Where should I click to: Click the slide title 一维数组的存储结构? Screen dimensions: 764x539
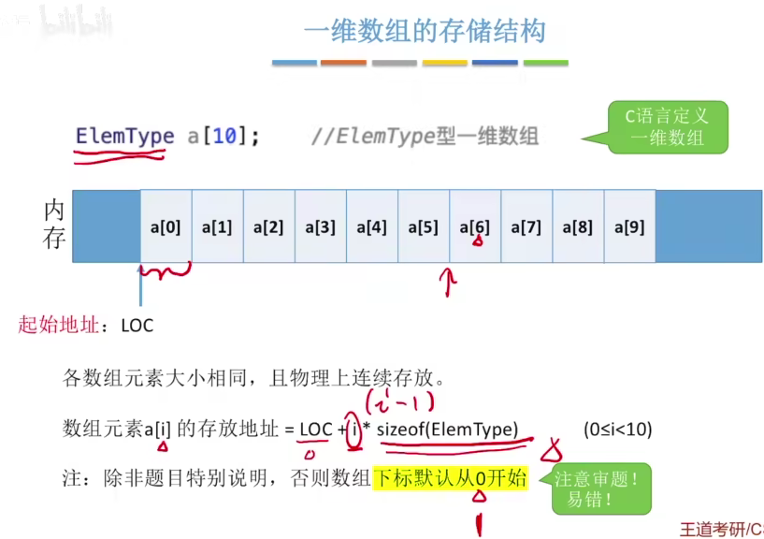[424, 31]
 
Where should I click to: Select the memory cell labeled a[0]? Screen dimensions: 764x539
[166, 226]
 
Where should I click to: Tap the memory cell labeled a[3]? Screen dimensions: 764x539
[320, 226]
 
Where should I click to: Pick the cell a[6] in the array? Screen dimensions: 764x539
[474, 226]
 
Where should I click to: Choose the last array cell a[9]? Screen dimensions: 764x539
[629, 226]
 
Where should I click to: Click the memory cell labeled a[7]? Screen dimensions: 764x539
[526, 226]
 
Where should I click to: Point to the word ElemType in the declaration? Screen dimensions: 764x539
[124, 136]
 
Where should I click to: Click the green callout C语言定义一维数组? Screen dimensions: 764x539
[666, 128]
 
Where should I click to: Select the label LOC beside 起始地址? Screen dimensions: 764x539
[137, 327]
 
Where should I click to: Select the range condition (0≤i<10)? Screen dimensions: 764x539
[617, 430]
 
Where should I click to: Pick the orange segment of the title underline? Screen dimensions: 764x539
[343, 63]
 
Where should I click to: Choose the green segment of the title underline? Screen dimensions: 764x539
[545, 63]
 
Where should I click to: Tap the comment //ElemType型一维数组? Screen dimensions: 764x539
[425, 137]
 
